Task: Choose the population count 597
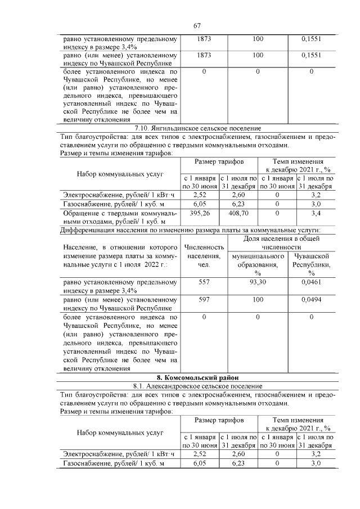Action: point(204,300)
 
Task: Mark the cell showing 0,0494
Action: point(311,300)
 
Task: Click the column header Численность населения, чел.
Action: point(204,256)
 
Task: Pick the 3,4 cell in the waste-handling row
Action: point(316,214)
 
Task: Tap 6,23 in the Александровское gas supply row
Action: point(239,463)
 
